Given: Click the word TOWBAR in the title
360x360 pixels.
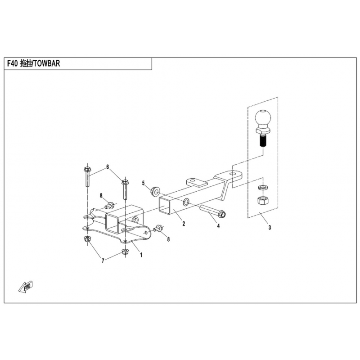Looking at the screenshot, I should (46, 64).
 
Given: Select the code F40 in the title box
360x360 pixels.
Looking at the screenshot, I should (13, 64).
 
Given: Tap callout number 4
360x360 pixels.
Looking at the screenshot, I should (218, 226).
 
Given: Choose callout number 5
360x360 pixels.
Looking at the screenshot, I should (144, 184).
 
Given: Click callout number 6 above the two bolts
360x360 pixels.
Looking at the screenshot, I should (108, 167).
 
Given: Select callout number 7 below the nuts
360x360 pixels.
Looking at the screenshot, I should (103, 261).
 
